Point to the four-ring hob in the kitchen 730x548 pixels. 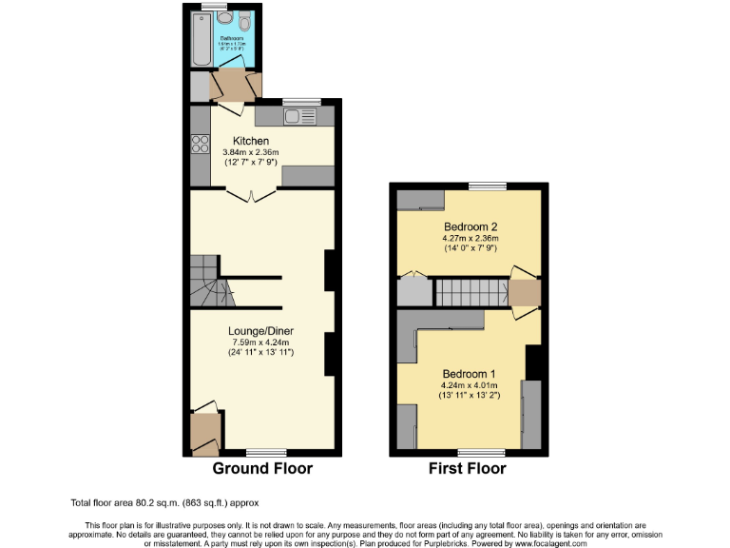point(201,146)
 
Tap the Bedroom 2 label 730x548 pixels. point(471,226)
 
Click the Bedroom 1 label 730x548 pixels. point(470,373)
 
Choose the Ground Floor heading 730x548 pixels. point(262,468)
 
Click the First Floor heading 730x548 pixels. point(467,468)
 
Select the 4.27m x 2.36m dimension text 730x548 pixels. point(471,238)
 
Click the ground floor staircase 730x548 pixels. point(206,283)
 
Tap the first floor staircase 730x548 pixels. point(470,292)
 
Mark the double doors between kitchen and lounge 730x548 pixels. point(252,195)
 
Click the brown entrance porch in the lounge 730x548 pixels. point(203,433)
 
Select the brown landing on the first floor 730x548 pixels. point(524,292)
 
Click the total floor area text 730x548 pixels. point(163,502)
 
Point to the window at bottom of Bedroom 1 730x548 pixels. point(479,452)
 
